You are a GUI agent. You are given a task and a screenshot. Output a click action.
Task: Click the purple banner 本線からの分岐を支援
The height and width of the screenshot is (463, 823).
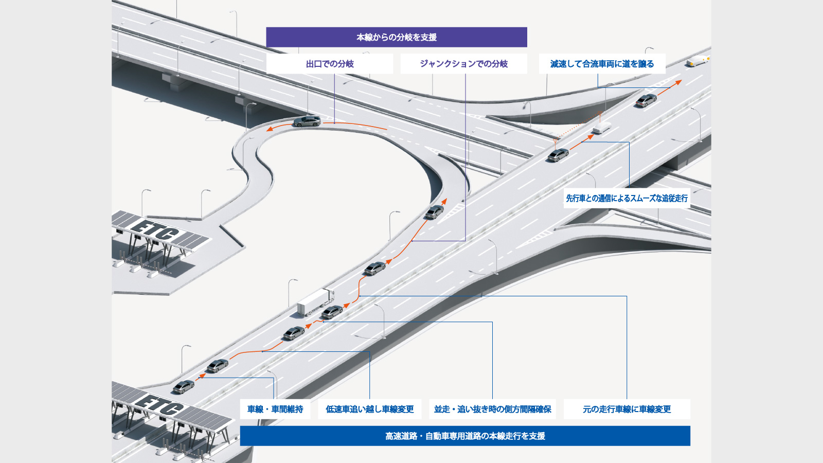(x=396, y=37)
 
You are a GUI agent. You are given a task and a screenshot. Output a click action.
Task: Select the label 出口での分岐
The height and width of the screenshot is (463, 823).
(x=330, y=64)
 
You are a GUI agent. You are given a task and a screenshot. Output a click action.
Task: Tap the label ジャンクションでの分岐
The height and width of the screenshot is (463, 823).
(x=463, y=64)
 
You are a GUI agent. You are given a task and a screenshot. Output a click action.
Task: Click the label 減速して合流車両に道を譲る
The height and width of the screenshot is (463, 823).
(x=602, y=64)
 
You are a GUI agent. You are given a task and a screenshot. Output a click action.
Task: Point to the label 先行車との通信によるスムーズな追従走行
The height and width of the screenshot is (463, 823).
(x=627, y=198)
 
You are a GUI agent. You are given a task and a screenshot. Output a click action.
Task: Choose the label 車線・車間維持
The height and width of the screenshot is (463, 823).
(x=275, y=409)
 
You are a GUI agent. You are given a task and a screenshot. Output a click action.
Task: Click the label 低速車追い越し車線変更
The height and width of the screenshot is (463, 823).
(x=369, y=409)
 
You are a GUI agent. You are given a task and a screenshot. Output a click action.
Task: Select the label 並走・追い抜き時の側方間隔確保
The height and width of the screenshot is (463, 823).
(x=492, y=409)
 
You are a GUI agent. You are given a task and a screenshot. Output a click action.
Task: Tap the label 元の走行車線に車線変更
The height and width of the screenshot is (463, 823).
(x=627, y=409)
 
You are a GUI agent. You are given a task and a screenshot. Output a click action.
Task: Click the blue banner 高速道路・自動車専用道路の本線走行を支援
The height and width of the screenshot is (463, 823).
(x=465, y=436)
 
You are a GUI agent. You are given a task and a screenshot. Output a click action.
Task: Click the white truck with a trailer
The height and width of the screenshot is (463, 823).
(x=316, y=301)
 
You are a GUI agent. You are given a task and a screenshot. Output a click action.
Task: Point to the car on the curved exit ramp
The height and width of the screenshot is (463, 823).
(x=307, y=121)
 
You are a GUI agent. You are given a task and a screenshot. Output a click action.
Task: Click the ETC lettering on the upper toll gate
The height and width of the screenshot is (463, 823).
(x=154, y=230)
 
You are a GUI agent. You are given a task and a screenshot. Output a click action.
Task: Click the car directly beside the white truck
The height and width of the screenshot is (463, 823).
(x=332, y=312)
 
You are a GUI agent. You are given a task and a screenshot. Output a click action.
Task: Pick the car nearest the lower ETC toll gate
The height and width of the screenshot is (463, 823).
(x=184, y=386)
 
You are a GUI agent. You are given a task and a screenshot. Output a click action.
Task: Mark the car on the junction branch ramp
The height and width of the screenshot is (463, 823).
(x=435, y=211)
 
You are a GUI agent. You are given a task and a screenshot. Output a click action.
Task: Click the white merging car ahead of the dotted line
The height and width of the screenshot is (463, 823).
(x=601, y=127)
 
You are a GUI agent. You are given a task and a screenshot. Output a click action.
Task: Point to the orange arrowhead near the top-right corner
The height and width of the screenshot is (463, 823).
(x=679, y=82)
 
